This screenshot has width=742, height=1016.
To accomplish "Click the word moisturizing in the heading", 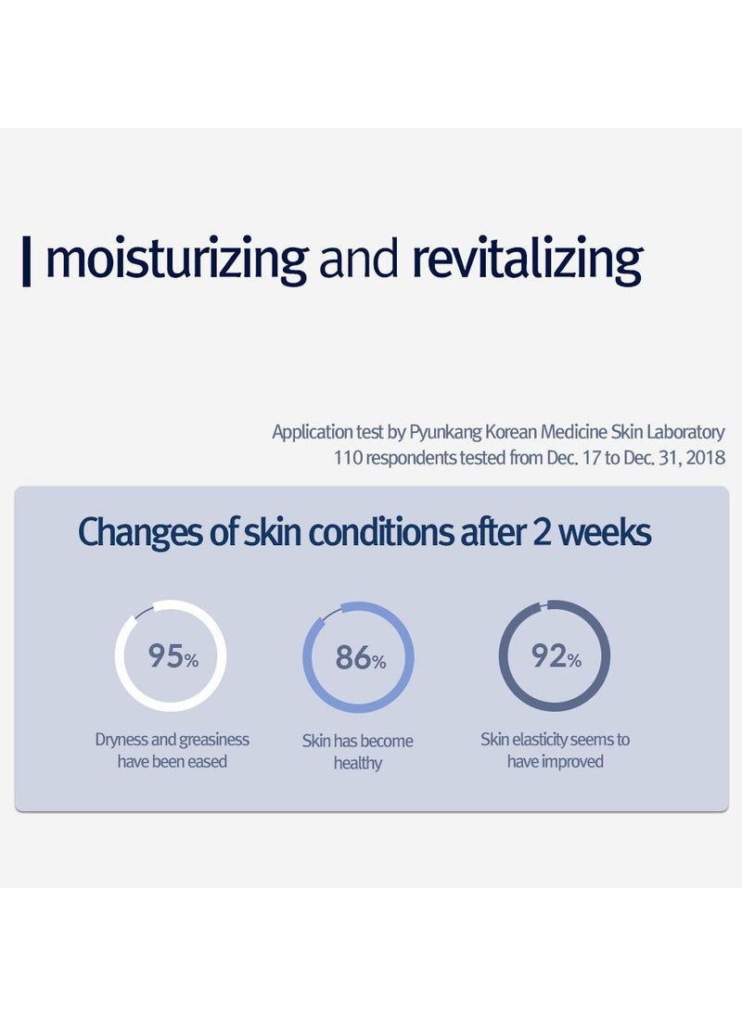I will click(x=176, y=260).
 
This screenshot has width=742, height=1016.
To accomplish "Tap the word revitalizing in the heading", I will click(x=527, y=260).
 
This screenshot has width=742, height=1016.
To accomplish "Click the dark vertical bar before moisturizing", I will click(x=27, y=261).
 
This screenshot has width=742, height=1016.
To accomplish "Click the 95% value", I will click(x=173, y=657).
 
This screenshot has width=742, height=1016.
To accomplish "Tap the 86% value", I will click(x=360, y=659).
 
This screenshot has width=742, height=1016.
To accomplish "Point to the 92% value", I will click(x=556, y=657).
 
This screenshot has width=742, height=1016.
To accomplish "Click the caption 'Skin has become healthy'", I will click(x=358, y=752).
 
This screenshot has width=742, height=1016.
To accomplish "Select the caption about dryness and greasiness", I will click(x=173, y=751).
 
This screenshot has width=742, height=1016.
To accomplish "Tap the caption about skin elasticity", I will click(x=555, y=750).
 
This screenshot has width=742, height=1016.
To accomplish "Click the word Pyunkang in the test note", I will click(x=441, y=432).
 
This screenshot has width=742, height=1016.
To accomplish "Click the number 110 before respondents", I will click(x=346, y=458).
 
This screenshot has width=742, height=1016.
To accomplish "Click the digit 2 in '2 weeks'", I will click(x=544, y=534).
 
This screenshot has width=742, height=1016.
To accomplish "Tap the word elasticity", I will click(x=541, y=740).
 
